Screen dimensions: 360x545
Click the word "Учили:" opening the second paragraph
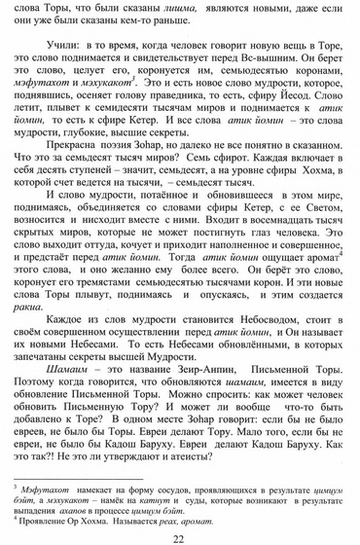tap(60, 46)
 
